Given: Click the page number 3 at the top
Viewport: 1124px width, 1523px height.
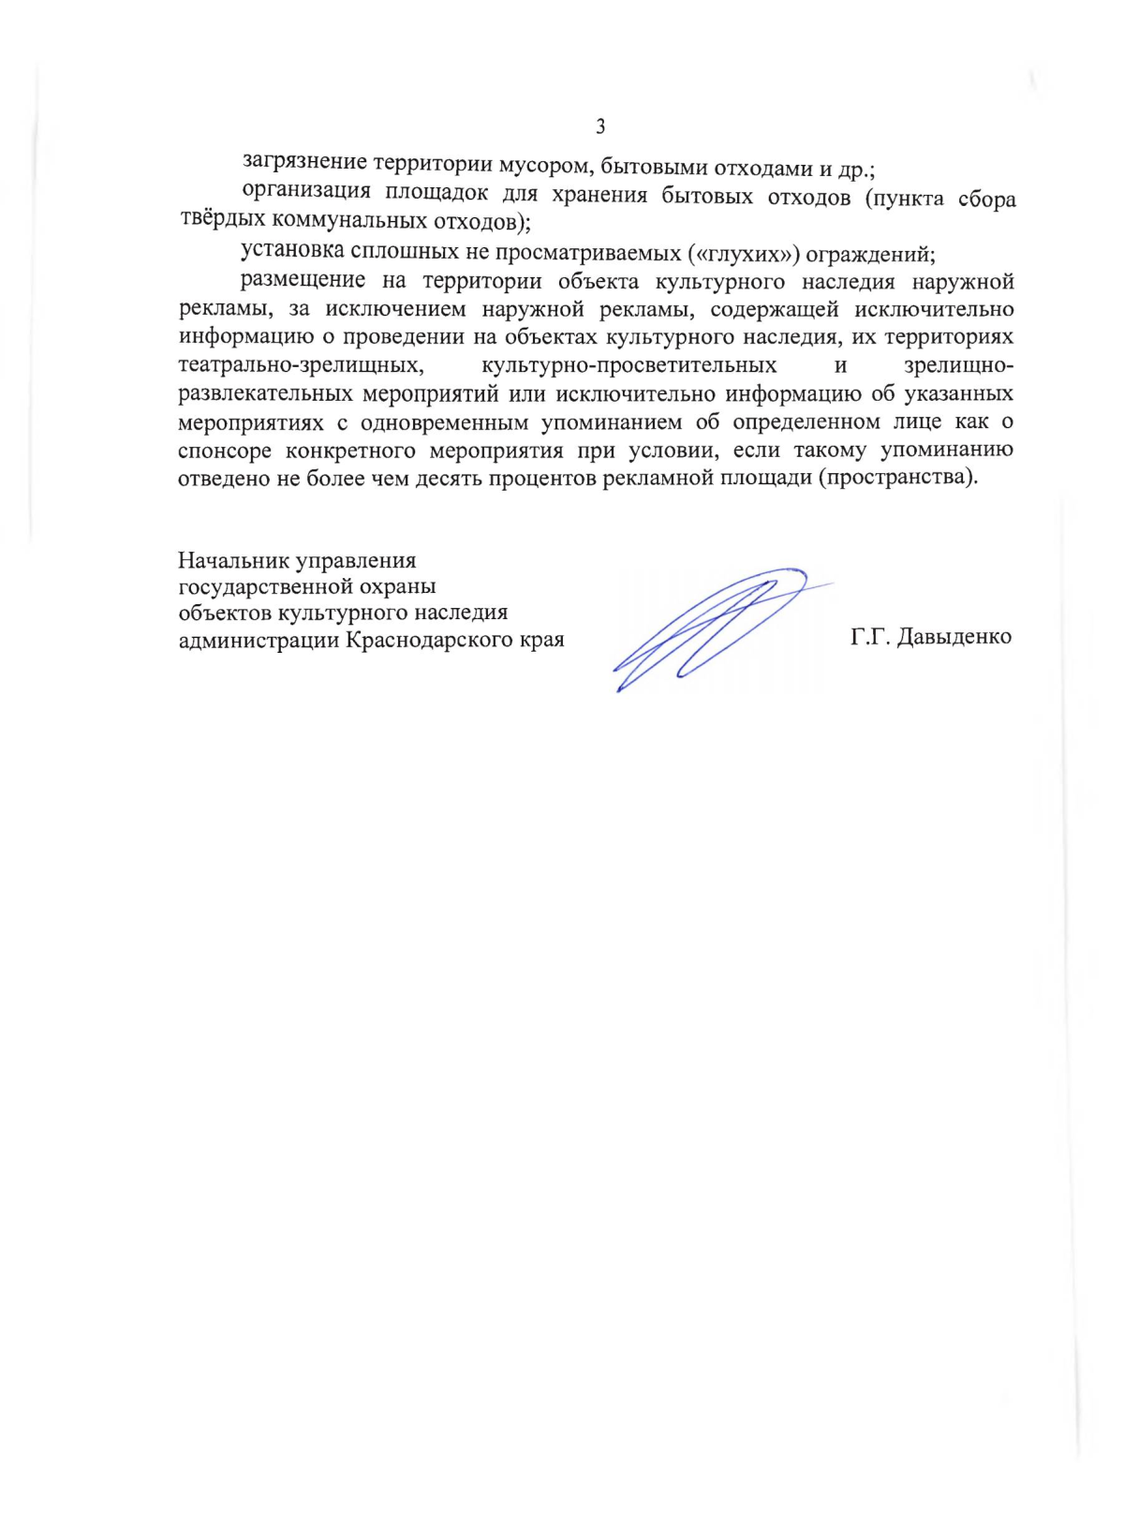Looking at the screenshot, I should (600, 126).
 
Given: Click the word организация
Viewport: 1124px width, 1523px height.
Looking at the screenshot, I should (302, 193).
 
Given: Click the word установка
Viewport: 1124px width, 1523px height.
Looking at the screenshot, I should (292, 251).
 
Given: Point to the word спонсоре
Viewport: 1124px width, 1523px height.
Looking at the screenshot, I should (225, 450).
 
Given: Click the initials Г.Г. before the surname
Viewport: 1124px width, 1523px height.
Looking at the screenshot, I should (869, 638).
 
